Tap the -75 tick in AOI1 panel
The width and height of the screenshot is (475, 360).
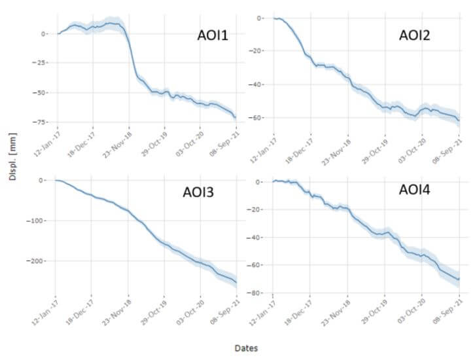(x=42, y=122)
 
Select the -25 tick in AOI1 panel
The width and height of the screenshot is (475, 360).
(x=42, y=63)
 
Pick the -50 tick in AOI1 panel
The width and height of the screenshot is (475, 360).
(x=42, y=93)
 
